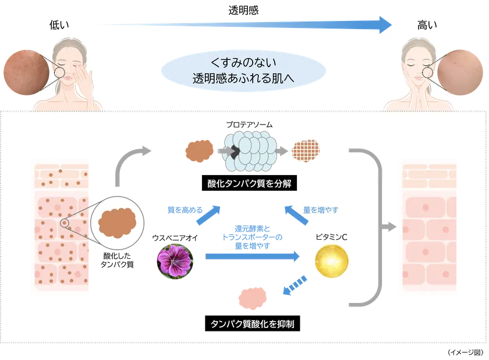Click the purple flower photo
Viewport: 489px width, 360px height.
[175, 262]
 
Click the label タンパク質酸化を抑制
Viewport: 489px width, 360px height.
[252, 323]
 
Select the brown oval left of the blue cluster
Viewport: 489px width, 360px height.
[199, 151]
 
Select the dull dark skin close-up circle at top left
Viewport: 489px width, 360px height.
[24, 72]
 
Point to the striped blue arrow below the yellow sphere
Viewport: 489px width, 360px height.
[294, 286]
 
